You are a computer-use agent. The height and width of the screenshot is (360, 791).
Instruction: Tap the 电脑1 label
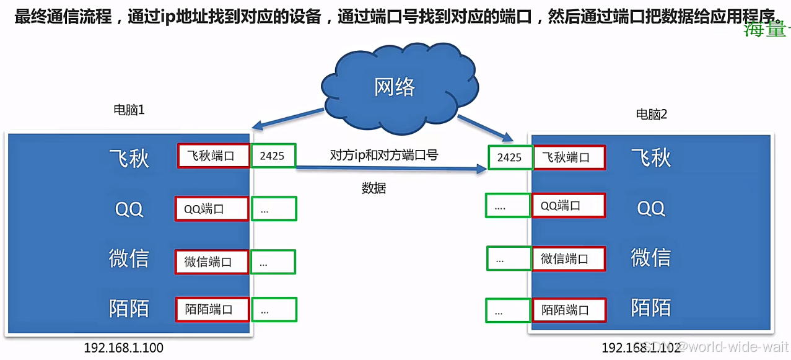(129, 110)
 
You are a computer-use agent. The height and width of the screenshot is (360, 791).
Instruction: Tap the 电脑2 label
(652, 115)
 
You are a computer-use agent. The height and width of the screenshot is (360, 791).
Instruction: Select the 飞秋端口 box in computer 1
(214, 156)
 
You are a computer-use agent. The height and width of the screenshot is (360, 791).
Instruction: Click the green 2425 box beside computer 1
(273, 156)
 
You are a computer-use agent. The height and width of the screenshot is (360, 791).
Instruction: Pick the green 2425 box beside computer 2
(509, 157)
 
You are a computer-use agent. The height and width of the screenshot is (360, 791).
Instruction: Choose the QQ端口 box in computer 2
(569, 206)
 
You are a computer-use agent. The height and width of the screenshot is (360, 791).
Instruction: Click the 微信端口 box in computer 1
(212, 262)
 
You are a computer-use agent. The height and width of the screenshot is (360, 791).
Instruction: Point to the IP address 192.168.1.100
(124, 348)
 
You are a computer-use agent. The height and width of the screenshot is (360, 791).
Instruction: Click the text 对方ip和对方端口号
(384, 156)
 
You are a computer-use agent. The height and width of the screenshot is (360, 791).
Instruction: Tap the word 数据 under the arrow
(374, 188)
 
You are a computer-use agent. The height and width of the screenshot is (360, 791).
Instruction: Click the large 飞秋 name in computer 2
(651, 157)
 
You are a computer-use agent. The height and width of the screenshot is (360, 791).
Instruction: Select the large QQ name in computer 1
(129, 209)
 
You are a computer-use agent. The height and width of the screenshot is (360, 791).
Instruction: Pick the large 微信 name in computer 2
(650, 257)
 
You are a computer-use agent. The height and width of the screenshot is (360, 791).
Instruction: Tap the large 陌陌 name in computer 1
(129, 308)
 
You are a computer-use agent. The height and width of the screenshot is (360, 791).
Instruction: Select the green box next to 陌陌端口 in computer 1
(274, 310)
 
